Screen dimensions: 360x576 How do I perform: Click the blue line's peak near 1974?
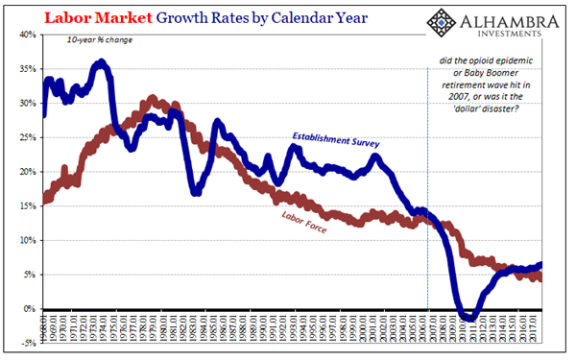point(101,64)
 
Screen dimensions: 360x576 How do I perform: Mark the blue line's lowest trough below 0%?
point(468,318)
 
